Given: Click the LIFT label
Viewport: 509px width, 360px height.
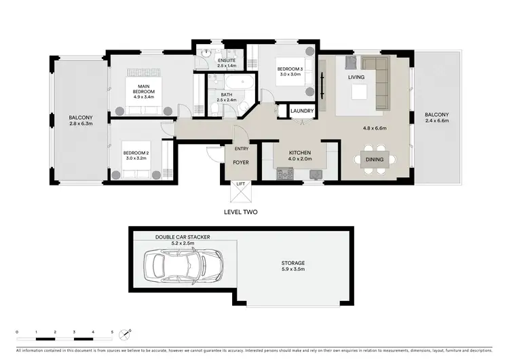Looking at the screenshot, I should pos(240,184).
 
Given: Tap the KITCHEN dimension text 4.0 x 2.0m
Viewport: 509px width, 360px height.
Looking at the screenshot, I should pos(299,160).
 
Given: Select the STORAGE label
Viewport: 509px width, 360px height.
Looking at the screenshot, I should pos(293,262).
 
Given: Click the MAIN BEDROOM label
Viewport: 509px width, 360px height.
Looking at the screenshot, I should pos(144,89).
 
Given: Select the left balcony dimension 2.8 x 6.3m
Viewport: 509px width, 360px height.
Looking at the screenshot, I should pos(80,124).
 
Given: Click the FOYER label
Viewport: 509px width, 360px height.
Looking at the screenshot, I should pos(240,163).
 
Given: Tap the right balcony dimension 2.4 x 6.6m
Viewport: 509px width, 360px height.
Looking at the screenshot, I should pos(436,121).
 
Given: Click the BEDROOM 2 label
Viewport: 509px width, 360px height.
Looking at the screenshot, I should pos(136,154).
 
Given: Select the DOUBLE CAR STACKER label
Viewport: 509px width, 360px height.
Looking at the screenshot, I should pos(183,237).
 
